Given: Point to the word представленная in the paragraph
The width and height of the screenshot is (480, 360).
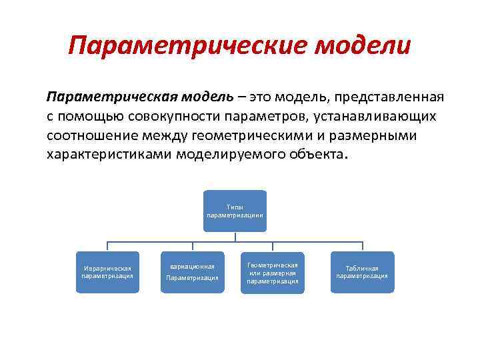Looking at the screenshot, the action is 390,97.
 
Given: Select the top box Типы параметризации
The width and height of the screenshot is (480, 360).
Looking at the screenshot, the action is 235,211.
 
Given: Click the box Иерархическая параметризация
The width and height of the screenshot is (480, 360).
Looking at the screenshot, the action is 107,272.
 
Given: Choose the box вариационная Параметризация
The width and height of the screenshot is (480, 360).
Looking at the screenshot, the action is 192,272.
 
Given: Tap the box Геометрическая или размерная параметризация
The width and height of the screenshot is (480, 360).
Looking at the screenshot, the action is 272,272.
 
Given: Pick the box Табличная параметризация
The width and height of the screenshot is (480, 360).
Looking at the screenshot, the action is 362,272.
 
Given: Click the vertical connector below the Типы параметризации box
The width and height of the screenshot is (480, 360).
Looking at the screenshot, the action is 235,236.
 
